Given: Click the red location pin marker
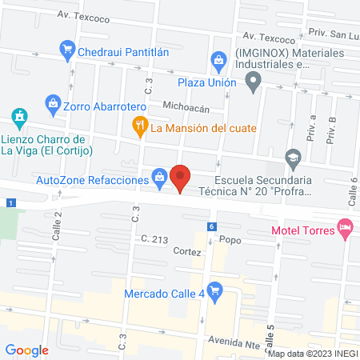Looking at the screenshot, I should pos(181,177).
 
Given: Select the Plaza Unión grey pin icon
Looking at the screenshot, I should pos(254,82).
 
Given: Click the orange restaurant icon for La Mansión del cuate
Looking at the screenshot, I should pos(139,125).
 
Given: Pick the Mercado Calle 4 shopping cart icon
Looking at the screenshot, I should pos(214,291).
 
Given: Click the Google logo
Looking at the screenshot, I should pos(27,350).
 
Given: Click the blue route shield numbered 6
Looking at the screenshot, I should pos(211,226).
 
